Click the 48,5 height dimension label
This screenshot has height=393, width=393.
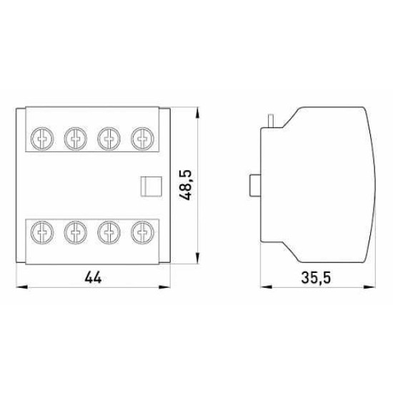click(186, 185)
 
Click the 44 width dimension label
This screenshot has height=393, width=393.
click(93, 278)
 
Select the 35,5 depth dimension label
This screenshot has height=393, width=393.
click(316, 278)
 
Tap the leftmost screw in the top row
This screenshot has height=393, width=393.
click(42, 139)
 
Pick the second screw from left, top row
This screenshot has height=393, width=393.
click(76, 139)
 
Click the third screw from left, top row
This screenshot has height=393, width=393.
click(109, 139)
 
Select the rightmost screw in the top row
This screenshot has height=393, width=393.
click(143, 139)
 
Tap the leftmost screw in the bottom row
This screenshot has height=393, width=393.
click(42, 232)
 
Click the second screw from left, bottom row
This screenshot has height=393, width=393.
click(76, 232)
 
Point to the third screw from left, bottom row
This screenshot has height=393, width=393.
click(109, 232)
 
